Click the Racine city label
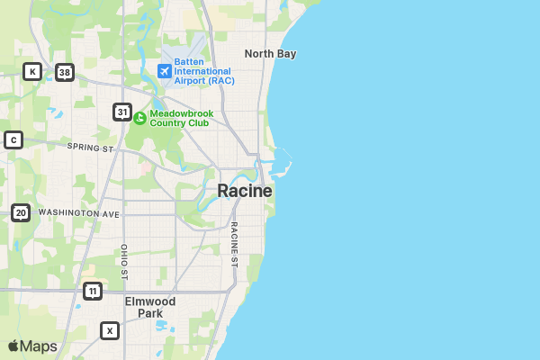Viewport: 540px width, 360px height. click(x=245, y=191)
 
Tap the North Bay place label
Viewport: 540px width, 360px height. click(x=270, y=54)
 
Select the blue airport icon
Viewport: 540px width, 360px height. click(x=165, y=70)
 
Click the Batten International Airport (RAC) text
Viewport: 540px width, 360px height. click(x=204, y=71)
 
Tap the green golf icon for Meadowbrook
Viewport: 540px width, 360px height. click(x=139, y=118)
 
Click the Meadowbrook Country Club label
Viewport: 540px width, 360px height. click(x=179, y=118)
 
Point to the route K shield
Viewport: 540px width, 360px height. click(x=32, y=71)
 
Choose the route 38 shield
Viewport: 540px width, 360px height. click(x=63, y=72)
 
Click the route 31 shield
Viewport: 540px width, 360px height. click(x=122, y=112)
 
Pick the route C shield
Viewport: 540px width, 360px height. click(x=13, y=139)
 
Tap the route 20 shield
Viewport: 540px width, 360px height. click(x=21, y=212)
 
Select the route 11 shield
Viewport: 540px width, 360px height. click(x=92, y=291)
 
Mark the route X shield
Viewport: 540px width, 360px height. click(x=110, y=330)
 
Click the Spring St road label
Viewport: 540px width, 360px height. click(x=90, y=147)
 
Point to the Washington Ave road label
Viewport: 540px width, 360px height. click(x=79, y=213)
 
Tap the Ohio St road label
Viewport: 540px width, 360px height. click(x=125, y=261)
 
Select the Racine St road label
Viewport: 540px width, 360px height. click(x=234, y=245)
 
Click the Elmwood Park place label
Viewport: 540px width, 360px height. click(x=150, y=307)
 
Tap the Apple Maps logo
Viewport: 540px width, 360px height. click(x=32, y=346)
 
